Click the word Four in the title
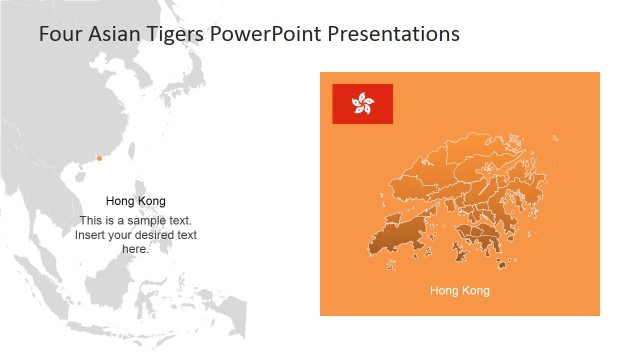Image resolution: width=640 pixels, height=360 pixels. [59, 34]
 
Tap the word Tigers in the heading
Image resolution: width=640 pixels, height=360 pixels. [173, 34]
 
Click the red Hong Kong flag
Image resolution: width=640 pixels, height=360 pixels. [362, 104]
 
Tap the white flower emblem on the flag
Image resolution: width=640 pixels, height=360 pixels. [362, 103]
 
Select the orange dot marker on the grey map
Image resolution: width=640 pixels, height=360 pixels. [99, 158]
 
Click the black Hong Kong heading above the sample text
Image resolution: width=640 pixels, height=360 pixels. [136, 201]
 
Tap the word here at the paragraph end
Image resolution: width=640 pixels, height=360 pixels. [134, 249]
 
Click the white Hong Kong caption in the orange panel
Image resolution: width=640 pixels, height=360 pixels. [460, 291]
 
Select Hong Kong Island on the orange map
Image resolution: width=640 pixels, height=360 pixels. [478, 237]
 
